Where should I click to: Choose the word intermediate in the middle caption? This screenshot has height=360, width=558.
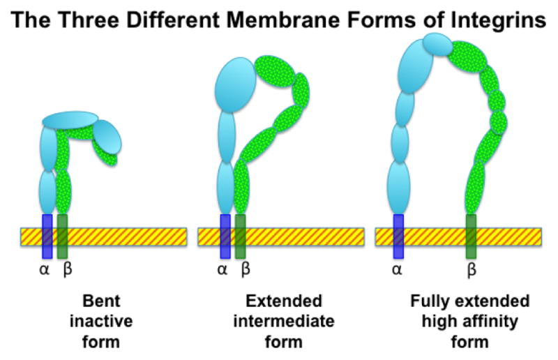pyautogui.click(x=284, y=322)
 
